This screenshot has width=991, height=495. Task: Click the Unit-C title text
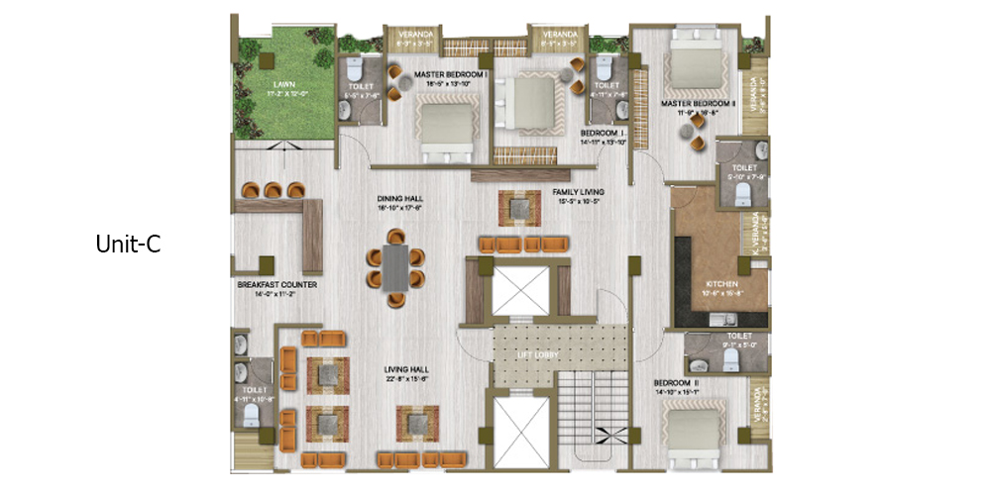click(128, 244)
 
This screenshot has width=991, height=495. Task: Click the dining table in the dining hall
click(396, 265)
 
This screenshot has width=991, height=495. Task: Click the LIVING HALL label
click(408, 373)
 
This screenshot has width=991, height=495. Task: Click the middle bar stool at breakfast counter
click(273, 188)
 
